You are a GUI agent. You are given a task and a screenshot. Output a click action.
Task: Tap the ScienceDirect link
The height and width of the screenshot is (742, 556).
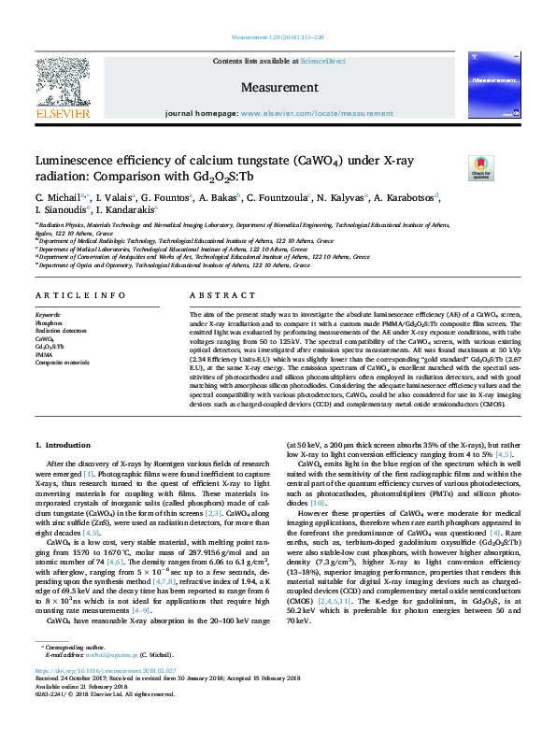(325, 61)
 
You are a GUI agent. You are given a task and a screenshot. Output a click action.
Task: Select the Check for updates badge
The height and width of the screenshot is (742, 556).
(454, 168)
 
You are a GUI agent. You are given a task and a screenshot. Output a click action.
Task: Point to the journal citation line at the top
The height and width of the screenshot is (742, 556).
(278, 38)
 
